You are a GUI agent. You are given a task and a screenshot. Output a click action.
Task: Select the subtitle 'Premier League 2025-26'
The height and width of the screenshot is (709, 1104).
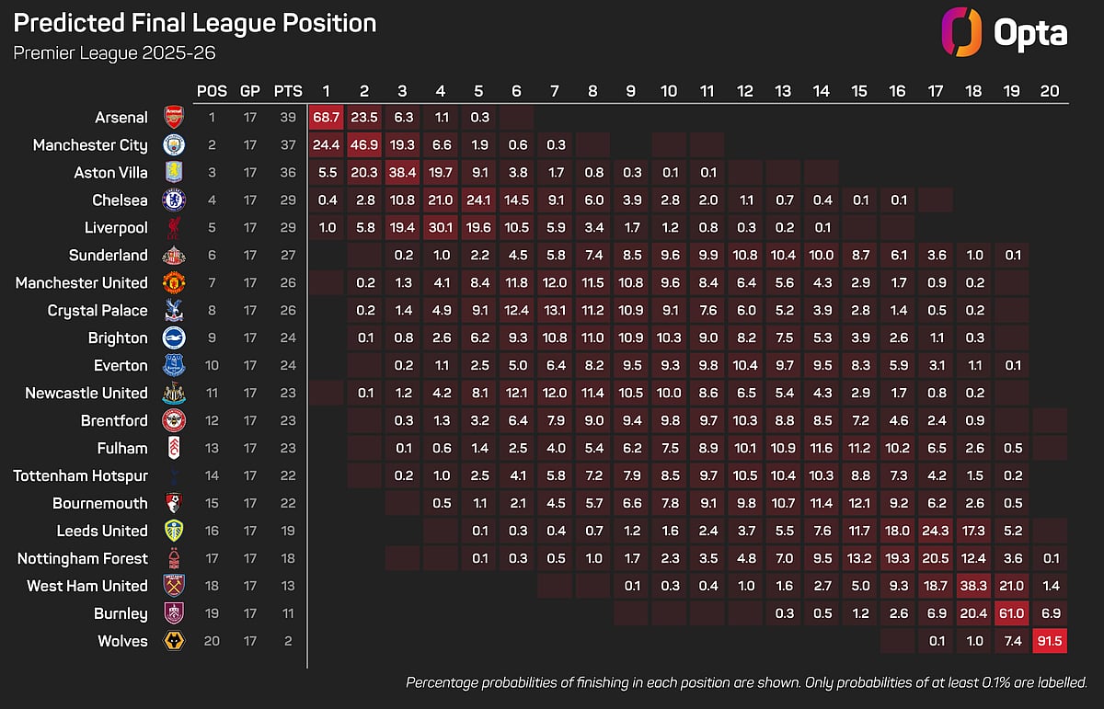(x=114, y=52)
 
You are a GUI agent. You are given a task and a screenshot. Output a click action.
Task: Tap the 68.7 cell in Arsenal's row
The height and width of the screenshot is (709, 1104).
(x=326, y=117)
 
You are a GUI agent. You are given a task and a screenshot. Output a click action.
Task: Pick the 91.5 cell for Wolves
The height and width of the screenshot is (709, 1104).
(x=1049, y=641)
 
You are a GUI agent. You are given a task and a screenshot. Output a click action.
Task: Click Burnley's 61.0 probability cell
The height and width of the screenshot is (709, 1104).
(x=1010, y=613)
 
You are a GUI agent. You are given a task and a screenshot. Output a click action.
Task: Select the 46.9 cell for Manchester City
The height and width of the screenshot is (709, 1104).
(x=364, y=144)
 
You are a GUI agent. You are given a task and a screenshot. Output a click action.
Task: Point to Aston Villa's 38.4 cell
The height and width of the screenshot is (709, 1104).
(x=402, y=172)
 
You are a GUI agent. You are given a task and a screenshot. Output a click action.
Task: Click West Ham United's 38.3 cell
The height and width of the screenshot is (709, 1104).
(x=972, y=586)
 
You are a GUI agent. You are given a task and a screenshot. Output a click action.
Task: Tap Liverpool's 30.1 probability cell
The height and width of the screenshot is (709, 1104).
(x=441, y=227)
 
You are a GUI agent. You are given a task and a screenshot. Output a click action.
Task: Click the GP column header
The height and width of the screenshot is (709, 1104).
(x=249, y=91)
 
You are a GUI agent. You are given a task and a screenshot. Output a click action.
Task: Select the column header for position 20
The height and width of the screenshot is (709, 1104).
(x=1049, y=91)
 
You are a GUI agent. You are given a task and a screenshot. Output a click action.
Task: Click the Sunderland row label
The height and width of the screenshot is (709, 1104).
(x=108, y=255)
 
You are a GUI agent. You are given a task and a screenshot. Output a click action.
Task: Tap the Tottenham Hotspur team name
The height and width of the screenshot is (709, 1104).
(x=80, y=475)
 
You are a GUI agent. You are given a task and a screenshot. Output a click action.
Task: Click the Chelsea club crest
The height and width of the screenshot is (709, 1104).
(x=173, y=200)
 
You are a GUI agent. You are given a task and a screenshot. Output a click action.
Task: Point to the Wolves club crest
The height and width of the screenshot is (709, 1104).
(x=173, y=641)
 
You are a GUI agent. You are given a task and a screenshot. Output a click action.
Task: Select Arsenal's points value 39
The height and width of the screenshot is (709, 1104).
(x=288, y=117)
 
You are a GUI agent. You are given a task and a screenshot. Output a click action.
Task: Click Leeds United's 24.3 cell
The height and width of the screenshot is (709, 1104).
(x=935, y=531)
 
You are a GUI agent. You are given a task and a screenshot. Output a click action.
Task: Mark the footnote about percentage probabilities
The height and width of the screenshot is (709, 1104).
(x=746, y=682)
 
